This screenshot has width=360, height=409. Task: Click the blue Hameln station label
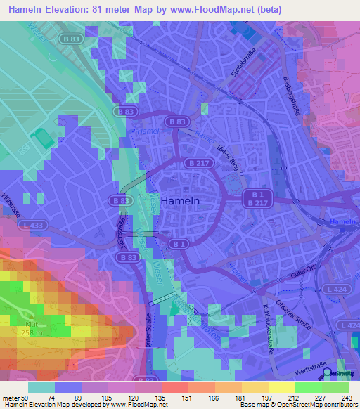[x=343, y=221]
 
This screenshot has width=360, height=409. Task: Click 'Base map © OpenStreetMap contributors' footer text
[x=297, y=405]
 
